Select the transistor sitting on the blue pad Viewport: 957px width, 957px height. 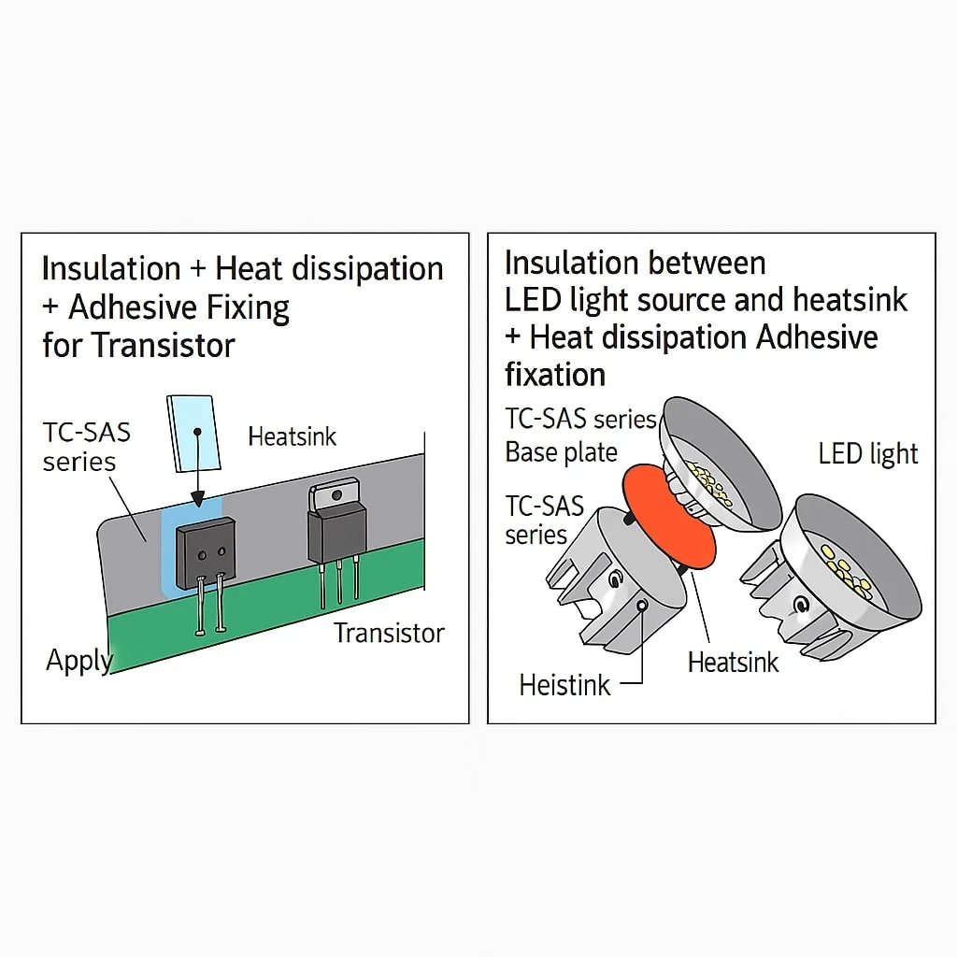pos(206,552)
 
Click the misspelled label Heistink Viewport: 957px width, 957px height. pos(564,685)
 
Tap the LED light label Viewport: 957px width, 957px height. pos(868,454)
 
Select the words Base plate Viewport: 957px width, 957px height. pos(561,452)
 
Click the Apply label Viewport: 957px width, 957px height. pos(79,661)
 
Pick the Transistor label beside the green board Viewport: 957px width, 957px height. pos(389,633)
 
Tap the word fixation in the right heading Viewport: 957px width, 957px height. pos(555,375)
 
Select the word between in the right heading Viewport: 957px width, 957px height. pos(710,264)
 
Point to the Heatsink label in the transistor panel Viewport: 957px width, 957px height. pos(292,436)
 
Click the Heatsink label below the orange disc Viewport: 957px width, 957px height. pos(733,663)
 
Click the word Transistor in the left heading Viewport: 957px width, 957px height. pos(163,346)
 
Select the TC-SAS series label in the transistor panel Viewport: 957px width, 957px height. pos(86,447)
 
